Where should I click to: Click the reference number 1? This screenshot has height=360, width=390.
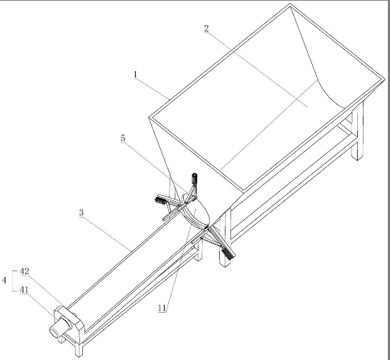(x=135, y=74)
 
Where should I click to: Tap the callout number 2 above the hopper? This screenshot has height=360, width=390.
(x=206, y=29)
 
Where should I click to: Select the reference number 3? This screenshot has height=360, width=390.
(x=82, y=213)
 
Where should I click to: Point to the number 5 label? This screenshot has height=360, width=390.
(x=123, y=139)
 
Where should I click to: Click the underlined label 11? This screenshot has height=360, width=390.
(x=162, y=308)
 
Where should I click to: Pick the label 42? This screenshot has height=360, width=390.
(x=24, y=271)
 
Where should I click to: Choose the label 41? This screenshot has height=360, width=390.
(x=24, y=290)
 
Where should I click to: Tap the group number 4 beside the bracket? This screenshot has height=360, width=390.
(x=4, y=281)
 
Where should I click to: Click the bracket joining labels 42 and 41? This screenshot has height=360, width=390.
(x=13, y=281)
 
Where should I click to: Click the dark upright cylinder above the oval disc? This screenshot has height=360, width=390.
(x=194, y=179)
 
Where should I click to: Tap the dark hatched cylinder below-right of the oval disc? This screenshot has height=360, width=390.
(x=229, y=253)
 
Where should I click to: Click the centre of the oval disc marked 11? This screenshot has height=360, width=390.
(x=197, y=210)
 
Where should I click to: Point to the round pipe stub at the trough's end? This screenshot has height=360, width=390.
(x=59, y=329)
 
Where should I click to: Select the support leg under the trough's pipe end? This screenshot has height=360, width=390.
(x=79, y=349)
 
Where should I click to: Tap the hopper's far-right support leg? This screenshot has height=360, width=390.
(x=358, y=130)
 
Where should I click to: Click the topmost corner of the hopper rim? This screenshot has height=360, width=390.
(x=290, y=4)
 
